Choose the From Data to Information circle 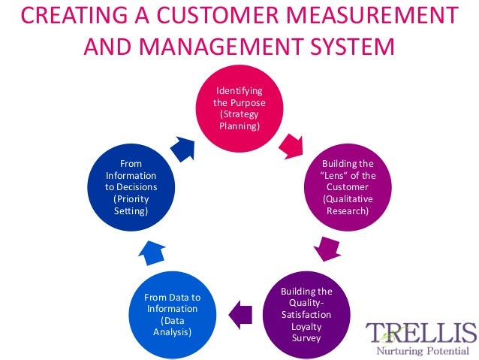(172, 313)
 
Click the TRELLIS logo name (421, 331)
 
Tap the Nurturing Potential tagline (420, 349)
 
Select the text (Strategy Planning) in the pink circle (239, 120)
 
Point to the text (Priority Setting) (131, 205)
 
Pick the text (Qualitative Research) (346, 205)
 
